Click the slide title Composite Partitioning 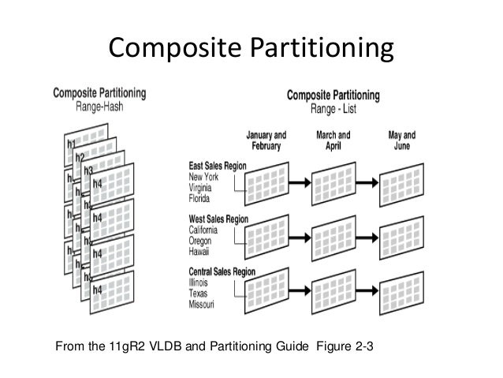tap(250, 49)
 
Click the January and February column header tap(266, 140)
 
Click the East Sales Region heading tap(218, 167)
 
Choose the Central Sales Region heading tap(223, 272)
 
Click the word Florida tap(202, 200)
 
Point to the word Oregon tap(203, 241)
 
